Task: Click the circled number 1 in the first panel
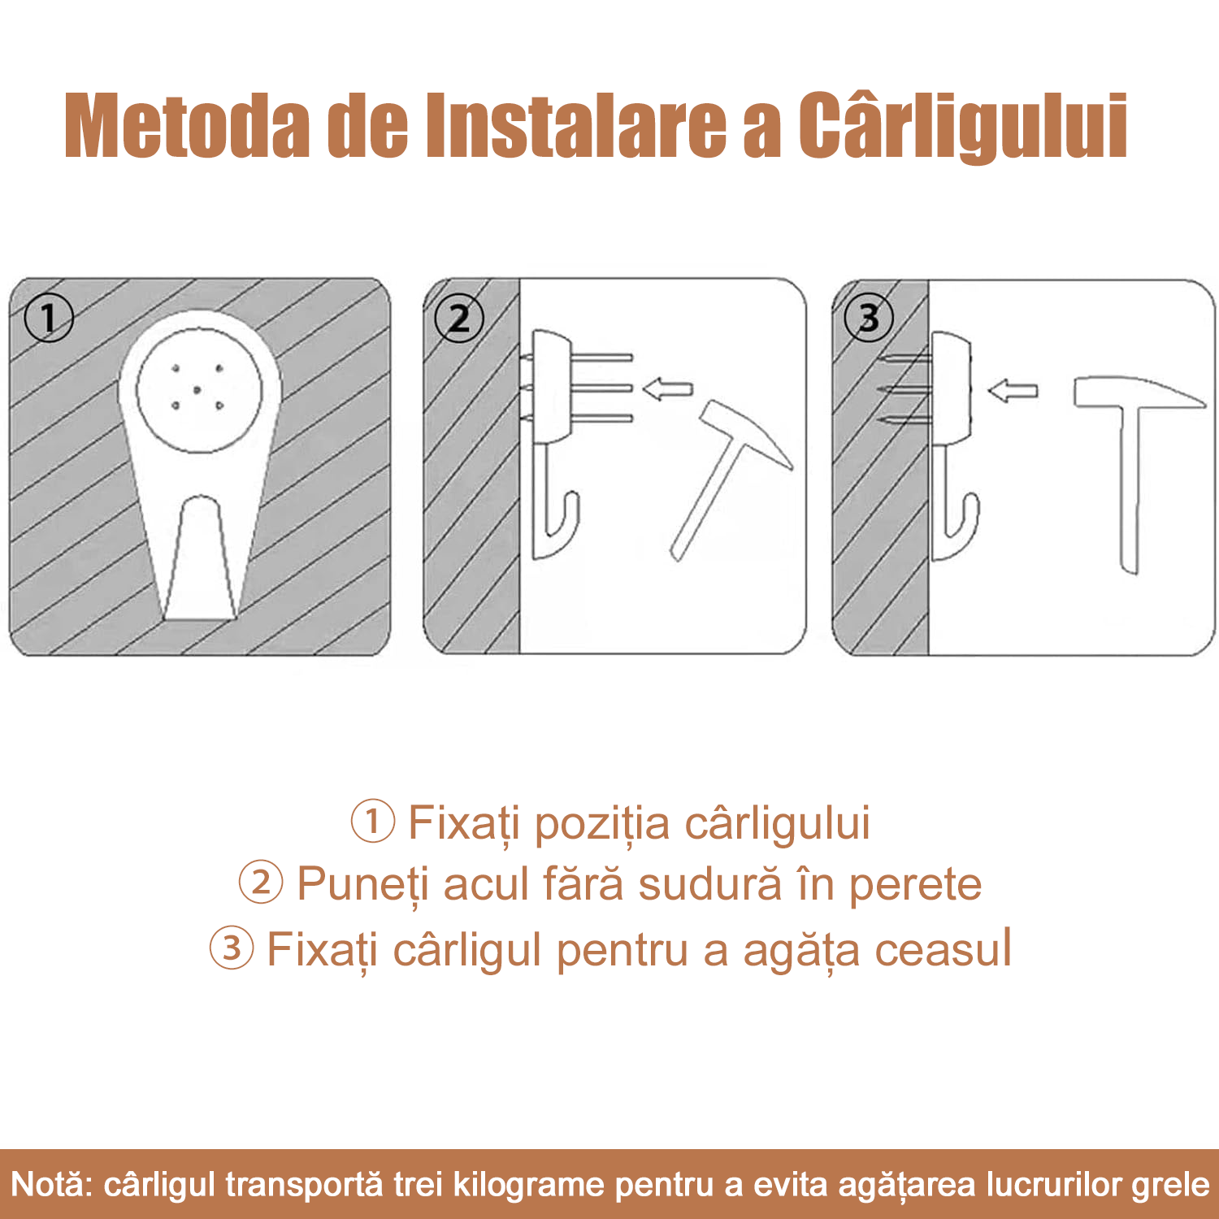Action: (49, 317)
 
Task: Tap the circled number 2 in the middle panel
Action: (459, 318)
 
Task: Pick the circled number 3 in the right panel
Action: (869, 317)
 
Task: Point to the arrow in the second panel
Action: (667, 389)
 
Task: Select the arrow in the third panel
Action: (1013, 391)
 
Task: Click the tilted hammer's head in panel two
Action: (747, 432)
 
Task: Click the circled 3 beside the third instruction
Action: (232, 948)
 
